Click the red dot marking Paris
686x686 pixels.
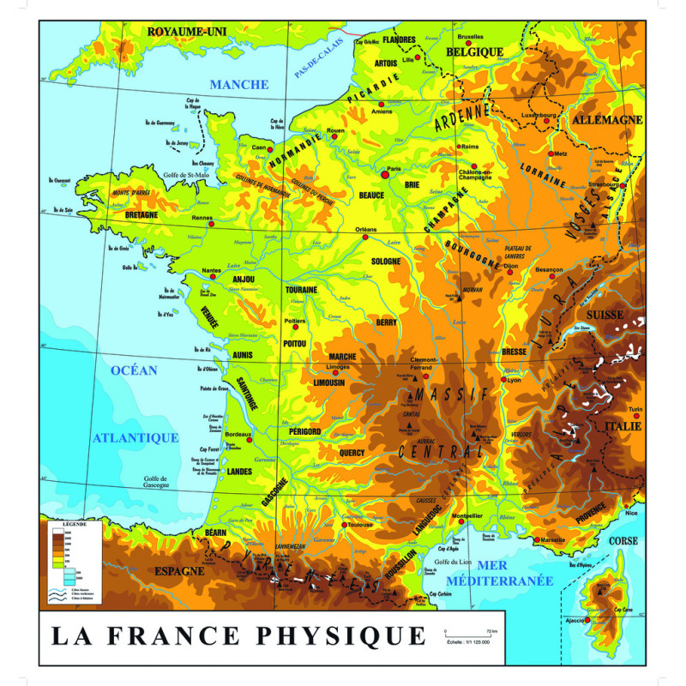point(385,173)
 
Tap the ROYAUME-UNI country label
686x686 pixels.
point(186,32)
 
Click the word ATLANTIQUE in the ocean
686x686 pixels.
point(135,437)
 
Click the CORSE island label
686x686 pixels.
point(623,541)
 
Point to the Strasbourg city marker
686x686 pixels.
point(624,185)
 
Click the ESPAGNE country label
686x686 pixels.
point(179,570)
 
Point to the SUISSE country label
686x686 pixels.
point(605,315)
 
